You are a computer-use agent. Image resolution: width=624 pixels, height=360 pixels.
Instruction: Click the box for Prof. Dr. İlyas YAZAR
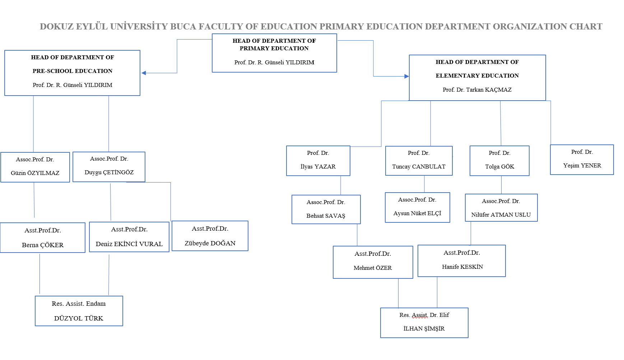pos(318,161)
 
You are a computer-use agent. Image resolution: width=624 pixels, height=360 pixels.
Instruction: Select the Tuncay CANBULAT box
pos(419,161)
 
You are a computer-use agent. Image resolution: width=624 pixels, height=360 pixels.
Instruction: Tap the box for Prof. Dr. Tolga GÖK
pos(499,161)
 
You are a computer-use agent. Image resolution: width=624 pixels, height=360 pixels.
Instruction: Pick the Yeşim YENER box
pos(582,160)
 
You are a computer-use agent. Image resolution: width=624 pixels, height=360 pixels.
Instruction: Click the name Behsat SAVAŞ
pos(326,216)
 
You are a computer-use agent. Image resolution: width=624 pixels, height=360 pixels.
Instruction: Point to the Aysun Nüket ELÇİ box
pos(417,207)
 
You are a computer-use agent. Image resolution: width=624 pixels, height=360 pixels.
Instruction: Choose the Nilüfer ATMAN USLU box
pos(501,208)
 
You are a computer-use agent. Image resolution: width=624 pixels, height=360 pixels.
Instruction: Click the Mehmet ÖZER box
pos(373,262)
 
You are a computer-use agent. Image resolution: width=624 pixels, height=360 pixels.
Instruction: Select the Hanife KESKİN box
pos(461,261)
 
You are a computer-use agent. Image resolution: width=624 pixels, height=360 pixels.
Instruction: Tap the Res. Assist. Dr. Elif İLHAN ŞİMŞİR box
pos(424,323)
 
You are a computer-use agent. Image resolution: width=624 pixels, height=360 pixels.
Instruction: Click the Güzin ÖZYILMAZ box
pos(35,167)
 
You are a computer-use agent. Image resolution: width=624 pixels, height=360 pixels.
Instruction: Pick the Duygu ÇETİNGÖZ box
pos(109,167)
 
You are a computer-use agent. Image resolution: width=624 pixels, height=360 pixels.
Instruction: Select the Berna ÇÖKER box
pos(42,237)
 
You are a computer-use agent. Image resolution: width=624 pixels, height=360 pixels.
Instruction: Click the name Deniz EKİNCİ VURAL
pos(129,244)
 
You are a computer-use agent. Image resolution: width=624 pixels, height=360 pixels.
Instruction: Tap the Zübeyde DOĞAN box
pos(210,236)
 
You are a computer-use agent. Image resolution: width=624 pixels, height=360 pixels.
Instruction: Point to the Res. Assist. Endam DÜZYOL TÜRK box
pos(79,311)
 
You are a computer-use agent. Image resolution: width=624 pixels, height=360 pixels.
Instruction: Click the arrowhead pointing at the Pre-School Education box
pos(144,73)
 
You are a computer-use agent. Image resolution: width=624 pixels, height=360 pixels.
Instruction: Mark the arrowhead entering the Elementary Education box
pos(406,76)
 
